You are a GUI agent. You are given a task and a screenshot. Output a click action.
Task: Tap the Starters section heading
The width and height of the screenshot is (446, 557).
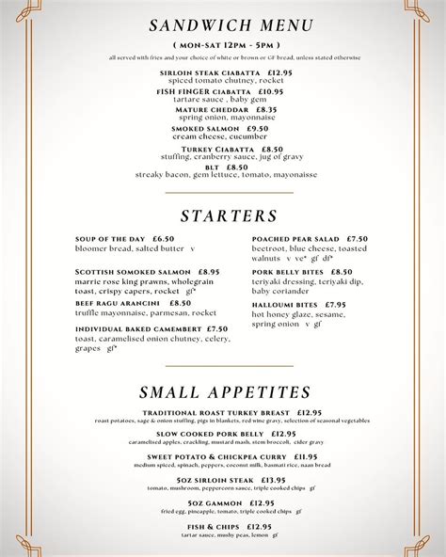pyautogui.click(x=229, y=216)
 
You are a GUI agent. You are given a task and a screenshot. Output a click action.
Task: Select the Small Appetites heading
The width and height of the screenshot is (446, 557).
pyautogui.click(x=225, y=392)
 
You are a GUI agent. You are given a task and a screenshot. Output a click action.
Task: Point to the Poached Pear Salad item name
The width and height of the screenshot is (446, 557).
pyautogui.click(x=295, y=239)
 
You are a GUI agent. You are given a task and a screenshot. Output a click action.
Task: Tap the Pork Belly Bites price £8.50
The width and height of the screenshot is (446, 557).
pyautogui.click(x=336, y=272)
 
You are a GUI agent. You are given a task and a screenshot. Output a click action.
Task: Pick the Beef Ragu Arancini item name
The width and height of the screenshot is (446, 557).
pyautogui.click(x=117, y=303)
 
